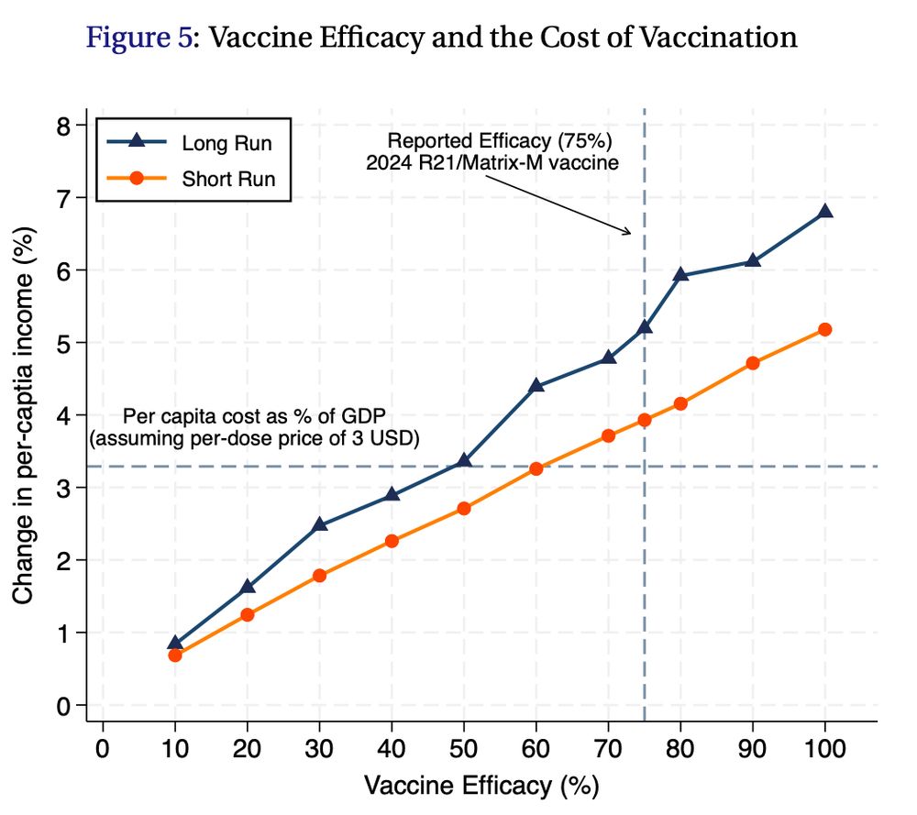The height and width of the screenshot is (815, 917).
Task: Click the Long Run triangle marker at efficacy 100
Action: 824,211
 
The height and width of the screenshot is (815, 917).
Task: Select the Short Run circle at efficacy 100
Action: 824,329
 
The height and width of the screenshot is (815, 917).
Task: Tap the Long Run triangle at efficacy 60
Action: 536,385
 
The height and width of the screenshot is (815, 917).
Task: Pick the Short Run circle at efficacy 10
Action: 175,655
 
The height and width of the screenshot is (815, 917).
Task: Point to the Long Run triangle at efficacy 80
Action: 680,274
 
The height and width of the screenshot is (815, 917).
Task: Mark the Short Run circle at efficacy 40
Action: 392,541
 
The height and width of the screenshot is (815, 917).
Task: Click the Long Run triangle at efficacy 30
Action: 319,524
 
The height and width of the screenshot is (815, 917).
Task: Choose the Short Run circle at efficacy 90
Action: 753,363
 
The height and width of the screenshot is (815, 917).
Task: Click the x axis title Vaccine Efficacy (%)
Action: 481,787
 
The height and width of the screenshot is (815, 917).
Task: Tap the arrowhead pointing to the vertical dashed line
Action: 629,232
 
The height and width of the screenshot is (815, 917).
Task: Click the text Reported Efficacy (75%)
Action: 500,142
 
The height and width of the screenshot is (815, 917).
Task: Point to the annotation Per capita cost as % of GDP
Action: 253,417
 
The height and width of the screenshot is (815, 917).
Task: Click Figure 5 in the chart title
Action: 138,38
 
